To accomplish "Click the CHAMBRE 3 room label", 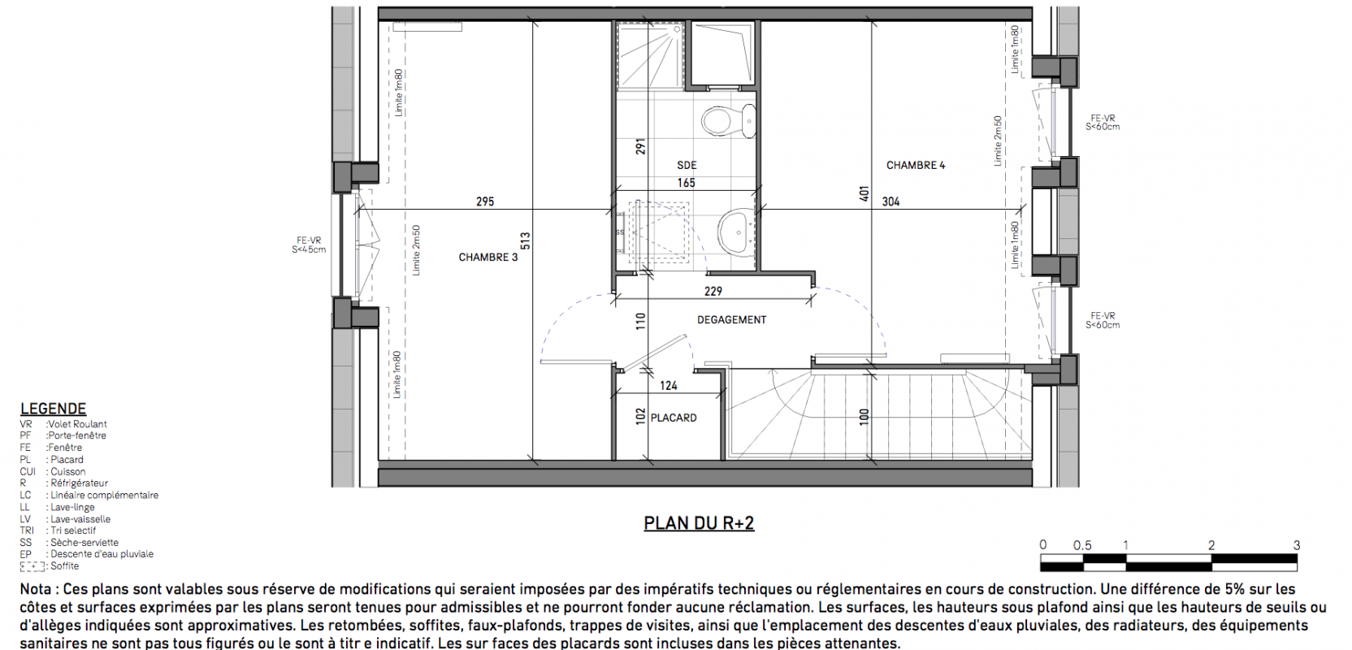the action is (487, 257).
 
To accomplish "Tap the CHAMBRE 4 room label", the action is (916, 166).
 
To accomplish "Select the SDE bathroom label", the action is (687, 166).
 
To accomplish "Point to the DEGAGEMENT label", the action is (731, 320).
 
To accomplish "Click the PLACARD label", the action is (674, 418).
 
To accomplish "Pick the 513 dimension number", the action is (525, 241).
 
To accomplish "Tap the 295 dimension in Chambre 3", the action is (485, 201).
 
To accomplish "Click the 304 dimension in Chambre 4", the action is (890, 201).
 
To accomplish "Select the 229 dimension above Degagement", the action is (713, 292).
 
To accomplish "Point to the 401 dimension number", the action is (864, 193).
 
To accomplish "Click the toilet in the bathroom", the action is (729, 121).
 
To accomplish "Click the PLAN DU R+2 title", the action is (699, 523).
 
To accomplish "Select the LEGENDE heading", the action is (53, 409).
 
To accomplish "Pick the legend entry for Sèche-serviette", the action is (69, 543).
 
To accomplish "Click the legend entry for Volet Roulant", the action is (63, 424).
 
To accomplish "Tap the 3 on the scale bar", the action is (1297, 545).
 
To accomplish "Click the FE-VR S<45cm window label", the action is (309, 245).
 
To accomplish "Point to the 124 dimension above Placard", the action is (669, 386).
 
